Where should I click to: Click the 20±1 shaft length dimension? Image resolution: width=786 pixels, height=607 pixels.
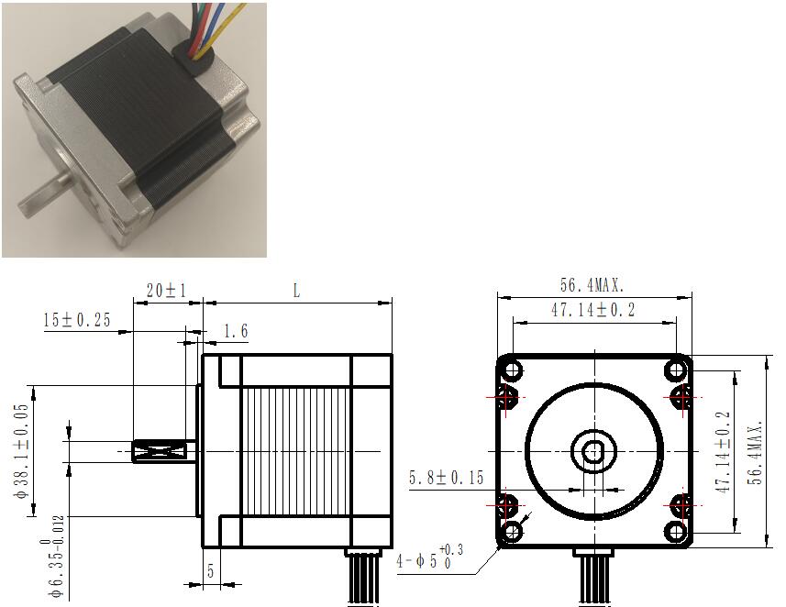coord(166,291)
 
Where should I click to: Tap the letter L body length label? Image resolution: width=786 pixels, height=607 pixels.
coord(297,291)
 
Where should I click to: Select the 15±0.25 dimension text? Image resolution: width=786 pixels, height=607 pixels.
coord(77,320)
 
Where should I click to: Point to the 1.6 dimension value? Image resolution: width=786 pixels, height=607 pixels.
coord(235,331)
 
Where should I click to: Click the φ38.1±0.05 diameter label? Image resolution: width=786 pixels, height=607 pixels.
coord(22,452)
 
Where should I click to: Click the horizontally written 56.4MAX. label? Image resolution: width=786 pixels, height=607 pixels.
coord(592,285)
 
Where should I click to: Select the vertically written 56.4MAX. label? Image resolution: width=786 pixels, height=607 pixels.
coord(755,452)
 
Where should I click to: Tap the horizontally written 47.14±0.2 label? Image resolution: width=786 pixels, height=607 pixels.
coord(593,310)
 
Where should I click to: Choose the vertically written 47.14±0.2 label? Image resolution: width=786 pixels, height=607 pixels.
coord(725,452)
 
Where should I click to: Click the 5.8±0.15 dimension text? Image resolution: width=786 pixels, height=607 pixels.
coord(446,478)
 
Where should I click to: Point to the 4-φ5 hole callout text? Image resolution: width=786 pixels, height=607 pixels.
coord(429,557)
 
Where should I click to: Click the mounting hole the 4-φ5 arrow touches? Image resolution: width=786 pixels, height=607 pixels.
coord(512,531)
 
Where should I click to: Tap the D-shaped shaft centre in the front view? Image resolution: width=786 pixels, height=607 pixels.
coord(593,452)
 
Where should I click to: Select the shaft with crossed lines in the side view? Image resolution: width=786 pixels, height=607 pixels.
coord(163,451)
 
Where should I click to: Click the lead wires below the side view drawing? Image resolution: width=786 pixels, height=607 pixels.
coord(363,577)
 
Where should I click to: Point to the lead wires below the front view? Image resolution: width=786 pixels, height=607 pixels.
coord(593,578)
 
